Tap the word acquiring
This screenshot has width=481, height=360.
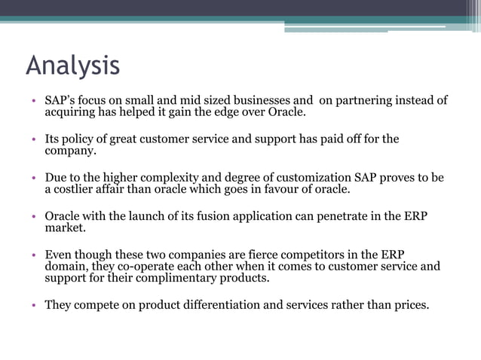[72, 113]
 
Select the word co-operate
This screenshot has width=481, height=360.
[152, 267]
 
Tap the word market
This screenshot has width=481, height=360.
[65, 228]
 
